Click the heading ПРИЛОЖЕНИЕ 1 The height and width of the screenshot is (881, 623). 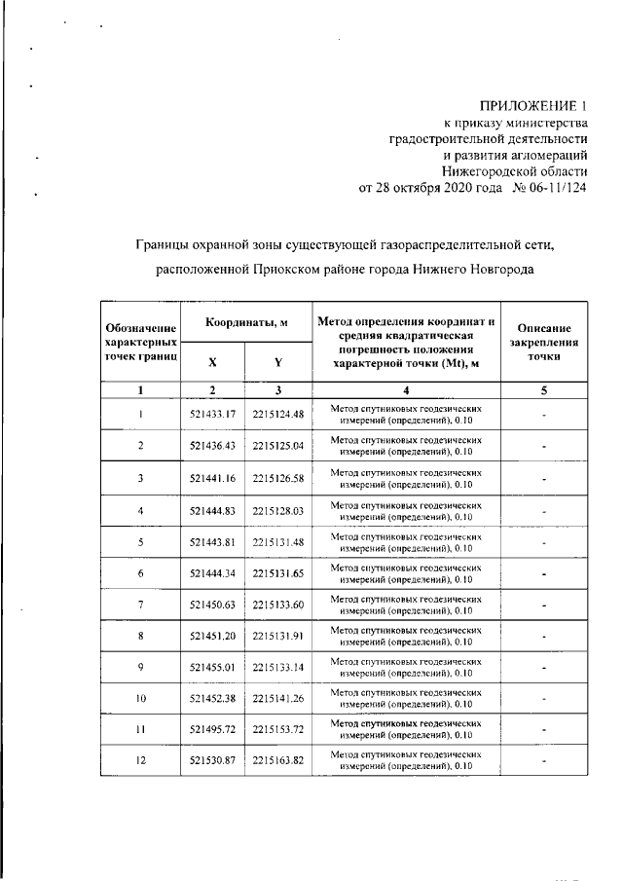[535, 105]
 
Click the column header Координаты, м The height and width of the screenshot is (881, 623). [244, 322]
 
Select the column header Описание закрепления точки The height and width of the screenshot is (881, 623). [544, 343]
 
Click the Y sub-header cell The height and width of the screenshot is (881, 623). [277, 362]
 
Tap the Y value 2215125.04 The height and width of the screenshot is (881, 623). [277, 446]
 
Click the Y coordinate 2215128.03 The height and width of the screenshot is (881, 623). [277, 510]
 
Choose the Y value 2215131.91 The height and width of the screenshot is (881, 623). [277, 637]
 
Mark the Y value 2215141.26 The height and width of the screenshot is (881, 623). [277, 699]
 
